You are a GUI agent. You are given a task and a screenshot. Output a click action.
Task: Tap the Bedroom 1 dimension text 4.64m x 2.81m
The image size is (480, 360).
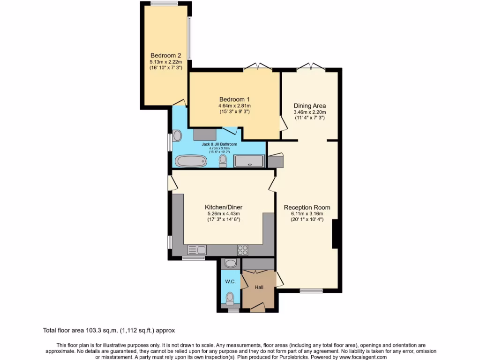tap(234, 105)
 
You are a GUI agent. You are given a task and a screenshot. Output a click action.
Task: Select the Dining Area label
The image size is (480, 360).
tap(309, 105)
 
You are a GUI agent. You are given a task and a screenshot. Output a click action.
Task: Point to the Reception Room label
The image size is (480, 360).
tap(307, 207)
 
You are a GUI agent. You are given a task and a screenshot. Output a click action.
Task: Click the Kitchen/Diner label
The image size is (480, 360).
tap(224, 207)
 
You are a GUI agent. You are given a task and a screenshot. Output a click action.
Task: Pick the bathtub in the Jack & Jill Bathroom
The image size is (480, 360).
tap(191, 161)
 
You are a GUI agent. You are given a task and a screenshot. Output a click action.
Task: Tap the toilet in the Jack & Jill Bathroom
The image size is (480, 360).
tap(223, 161)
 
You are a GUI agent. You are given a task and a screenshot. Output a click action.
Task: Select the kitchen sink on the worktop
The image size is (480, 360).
tap(197, 249)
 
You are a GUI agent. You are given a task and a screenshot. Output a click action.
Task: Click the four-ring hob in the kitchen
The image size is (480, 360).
tap(243, 249)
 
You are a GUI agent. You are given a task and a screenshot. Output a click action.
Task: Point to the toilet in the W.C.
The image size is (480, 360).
tap(230, 297)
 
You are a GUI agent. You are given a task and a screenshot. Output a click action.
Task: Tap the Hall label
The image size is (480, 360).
tap(259, 287)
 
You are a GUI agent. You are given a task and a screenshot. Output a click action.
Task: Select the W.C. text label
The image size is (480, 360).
tap(230, 281)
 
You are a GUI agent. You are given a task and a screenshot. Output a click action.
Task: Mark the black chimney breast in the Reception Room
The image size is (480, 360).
tap(335, 234)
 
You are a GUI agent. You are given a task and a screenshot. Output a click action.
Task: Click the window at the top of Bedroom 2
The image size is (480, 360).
tap(164, 4)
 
